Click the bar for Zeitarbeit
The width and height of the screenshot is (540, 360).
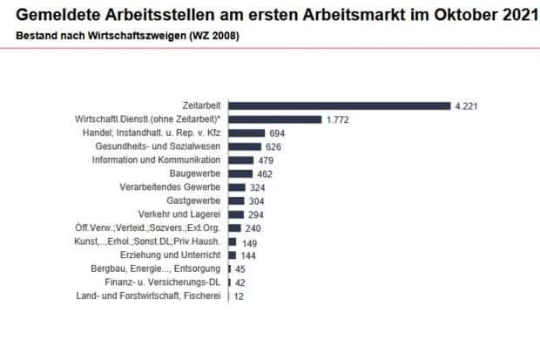[338, 105]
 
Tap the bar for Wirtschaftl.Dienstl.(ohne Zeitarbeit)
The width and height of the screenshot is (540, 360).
[273, 119]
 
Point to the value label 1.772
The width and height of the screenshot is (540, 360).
[337, 119]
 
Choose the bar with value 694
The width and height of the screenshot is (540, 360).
[246, 133]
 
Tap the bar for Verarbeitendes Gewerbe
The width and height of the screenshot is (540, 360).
[236, 187]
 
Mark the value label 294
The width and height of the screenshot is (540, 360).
[256, 214]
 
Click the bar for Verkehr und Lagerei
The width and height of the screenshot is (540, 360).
[235, 214]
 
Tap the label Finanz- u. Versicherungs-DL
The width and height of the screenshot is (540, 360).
[165, 282]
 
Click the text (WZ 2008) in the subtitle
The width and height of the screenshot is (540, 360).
[212, 36]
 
